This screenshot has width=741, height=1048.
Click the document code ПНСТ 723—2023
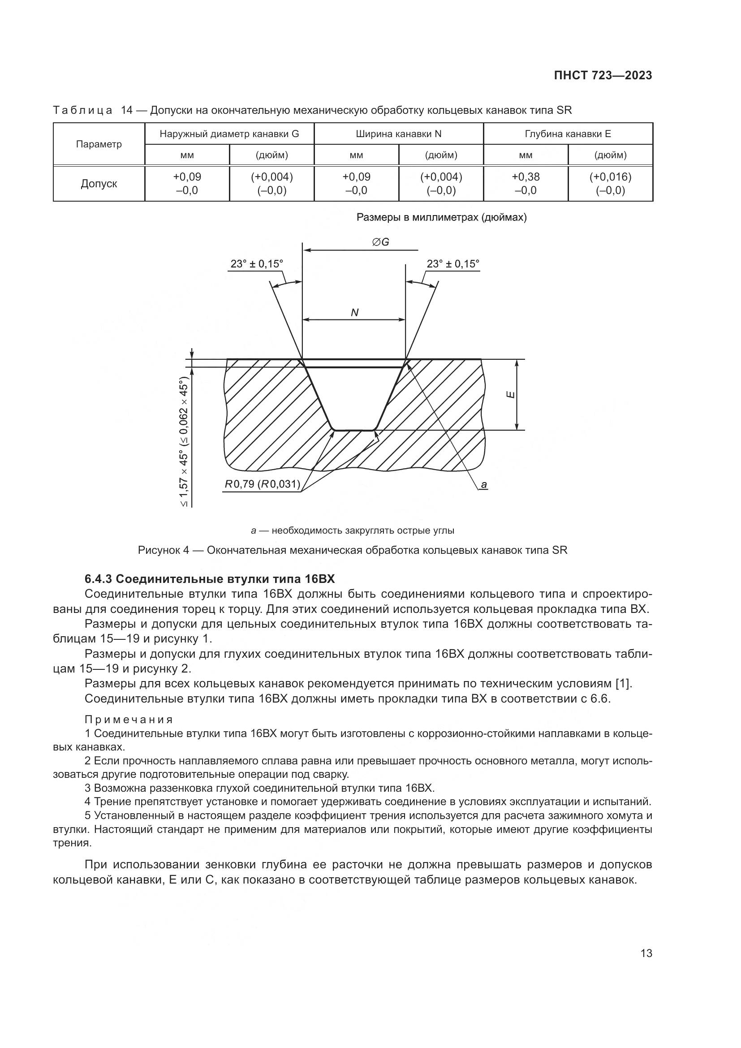(x=603, y=76)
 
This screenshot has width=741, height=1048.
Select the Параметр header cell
(x=99, y=144)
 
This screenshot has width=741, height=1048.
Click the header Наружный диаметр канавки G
(x=229, y=134)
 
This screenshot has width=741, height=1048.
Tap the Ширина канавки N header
(x=398, y=134)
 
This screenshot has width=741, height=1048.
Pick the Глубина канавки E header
(x=568, y=134)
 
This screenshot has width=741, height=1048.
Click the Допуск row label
(x=99, y=184)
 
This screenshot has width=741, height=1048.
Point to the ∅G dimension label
(x=380, y=242)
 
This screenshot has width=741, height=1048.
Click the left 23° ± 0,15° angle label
(x=256, y=264)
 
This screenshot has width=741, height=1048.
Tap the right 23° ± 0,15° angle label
(x=452, y=264)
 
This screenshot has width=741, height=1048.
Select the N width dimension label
(x=354, y=313)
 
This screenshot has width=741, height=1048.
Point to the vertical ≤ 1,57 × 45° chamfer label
(x=183, y=442)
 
